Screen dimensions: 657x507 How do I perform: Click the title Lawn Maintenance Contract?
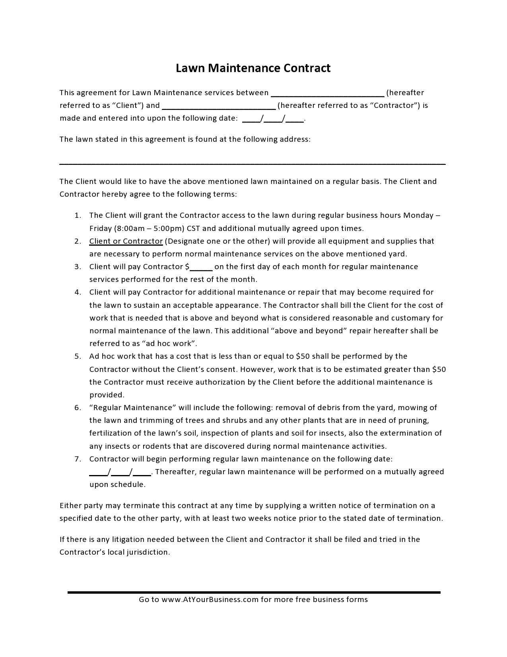[253, 68]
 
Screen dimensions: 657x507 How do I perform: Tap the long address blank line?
[253, 163]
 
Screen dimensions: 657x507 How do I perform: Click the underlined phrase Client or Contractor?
[126, 241]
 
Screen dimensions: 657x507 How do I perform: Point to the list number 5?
[78, 356]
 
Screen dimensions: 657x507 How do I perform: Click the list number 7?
[78, 459]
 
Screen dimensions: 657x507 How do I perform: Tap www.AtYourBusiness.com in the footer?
[210, 600]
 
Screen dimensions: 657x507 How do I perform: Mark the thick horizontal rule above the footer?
[254, 592]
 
